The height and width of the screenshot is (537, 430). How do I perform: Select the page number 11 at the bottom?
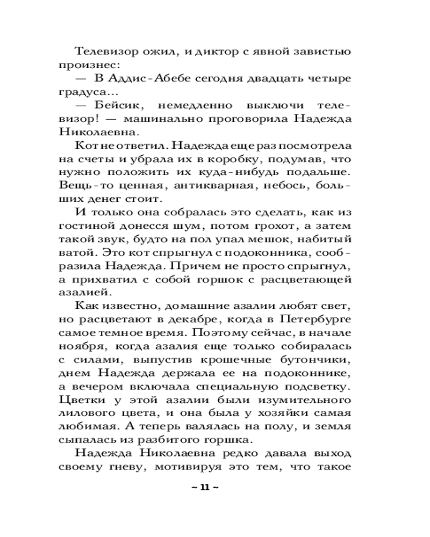[x=204, y=487]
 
